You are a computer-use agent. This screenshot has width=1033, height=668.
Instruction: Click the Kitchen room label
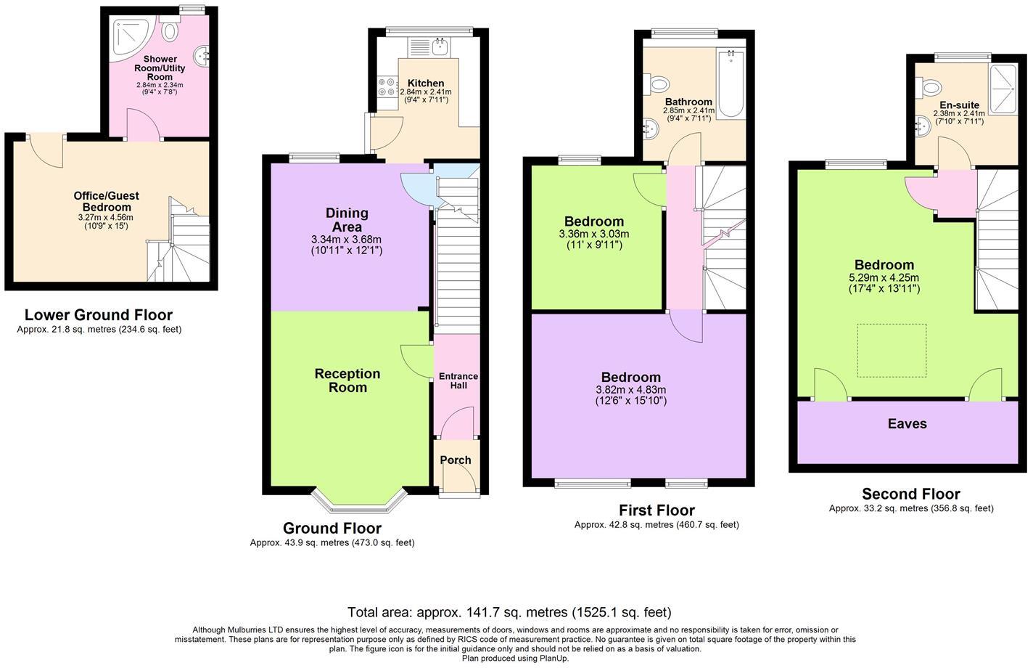coord(426,83)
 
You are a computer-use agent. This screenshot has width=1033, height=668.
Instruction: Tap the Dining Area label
coord(347,219)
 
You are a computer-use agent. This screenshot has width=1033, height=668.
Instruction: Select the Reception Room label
coord(347,380)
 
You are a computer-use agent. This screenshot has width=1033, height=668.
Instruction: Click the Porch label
coord(456,460)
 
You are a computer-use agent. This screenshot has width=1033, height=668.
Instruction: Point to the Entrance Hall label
coord(458,380)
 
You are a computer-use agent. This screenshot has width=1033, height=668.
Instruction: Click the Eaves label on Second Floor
coord(907,423)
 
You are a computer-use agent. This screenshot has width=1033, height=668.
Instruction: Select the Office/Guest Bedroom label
coord(106,201)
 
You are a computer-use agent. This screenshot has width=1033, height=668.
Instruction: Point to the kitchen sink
coord(440,47)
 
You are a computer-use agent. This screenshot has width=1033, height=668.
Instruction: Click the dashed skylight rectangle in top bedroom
coord(892,350)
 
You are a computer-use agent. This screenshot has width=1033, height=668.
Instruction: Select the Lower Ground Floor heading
coord(99,314)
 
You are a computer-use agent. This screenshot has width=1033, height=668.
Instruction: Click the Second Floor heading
coord(910,494)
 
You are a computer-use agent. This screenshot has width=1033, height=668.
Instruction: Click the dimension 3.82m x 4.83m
coord(630,389)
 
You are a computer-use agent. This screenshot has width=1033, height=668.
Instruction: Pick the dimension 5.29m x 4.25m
coord(884,277)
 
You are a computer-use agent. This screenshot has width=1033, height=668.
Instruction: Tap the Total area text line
coord(509,612)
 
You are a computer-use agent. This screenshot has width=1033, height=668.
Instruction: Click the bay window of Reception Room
coord(358,501)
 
